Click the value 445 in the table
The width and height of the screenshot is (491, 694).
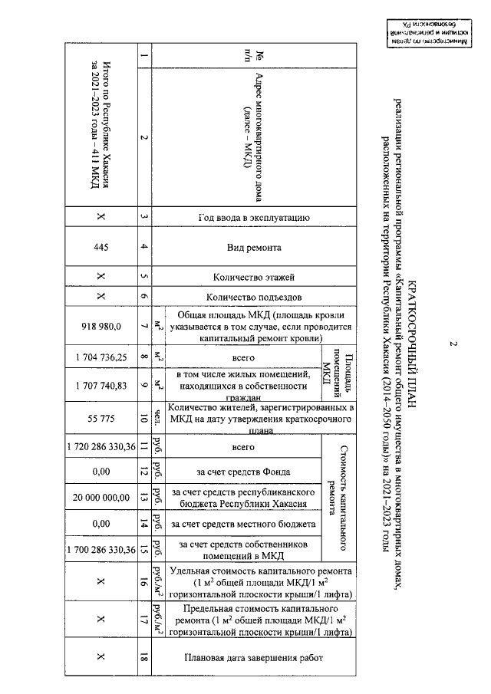101,248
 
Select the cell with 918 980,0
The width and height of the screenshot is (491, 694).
101,326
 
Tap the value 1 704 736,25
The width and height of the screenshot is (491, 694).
101,357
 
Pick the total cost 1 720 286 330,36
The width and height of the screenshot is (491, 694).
101,446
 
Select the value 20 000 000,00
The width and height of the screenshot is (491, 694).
101,497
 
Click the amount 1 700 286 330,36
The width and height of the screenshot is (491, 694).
101,549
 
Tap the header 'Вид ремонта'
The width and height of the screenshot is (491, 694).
253,248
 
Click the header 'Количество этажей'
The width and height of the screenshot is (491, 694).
253,277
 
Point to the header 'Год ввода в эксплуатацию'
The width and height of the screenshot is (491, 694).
253,218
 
